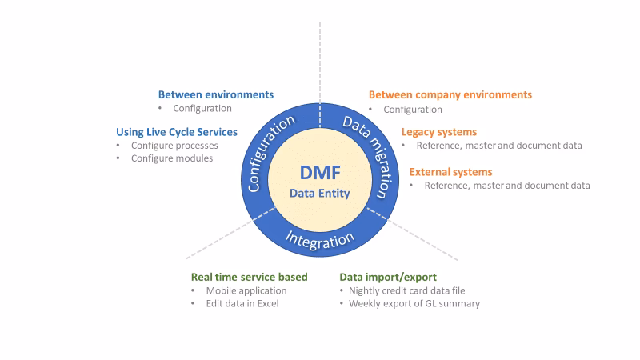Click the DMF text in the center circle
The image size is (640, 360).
coord(320,174)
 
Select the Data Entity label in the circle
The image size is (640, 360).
coord(320,194)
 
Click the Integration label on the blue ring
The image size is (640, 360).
coord(320,238)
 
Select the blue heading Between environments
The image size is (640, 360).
coord(215,94)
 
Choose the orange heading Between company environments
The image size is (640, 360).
coord(450,94)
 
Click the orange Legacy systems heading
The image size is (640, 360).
coord(439,131)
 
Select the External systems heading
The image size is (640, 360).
coord(450,171)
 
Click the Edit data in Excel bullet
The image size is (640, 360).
coord(241,304)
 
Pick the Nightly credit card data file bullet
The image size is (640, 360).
coord(406,290)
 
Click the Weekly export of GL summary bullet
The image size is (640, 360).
coord(414,304)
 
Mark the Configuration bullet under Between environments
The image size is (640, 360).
coord(202,108)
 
